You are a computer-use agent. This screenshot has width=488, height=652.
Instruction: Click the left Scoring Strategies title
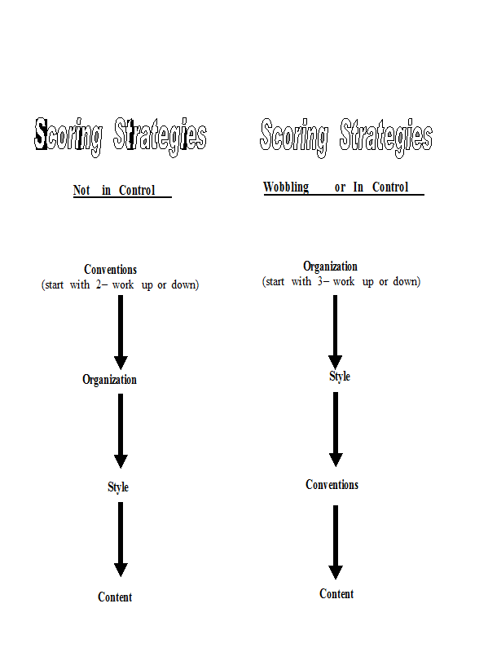pyautogui.click(x=120, y=137)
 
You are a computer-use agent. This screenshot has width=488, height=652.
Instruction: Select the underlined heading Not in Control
pyautogui.click(x=114, y=190)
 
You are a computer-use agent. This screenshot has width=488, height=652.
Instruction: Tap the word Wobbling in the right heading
pyautogui.click(x=286, y=187)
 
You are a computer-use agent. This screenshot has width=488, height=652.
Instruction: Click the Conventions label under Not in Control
pyautogui.click(x=110, y=270)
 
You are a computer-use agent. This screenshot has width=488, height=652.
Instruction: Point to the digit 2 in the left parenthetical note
pyautogui.click(x=99, y=284)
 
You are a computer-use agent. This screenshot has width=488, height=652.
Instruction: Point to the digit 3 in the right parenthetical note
pyautogui.click(x=320, y=281)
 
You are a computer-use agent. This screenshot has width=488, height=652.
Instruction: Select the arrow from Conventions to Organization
pyautogui.click(x=121, y=333)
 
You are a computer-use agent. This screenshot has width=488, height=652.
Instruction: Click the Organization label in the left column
pyautogui.click(x=109, y=380)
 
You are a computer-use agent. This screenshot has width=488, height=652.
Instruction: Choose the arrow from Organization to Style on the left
pyautogui.click(x=121, y=431)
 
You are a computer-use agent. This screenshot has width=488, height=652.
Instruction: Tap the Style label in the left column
pyautogui.click(x=118, y=487)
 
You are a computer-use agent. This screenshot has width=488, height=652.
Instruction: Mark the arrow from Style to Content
pyautogui.click(x=121, y=540)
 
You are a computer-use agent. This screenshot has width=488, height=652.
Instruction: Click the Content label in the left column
pyautogui.click(x=115, y=597)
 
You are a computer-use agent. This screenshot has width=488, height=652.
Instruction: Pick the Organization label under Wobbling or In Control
pyautogui.click(x=330, y=267)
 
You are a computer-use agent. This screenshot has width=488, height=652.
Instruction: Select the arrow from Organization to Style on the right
pyautogui.click(x=335, y=333)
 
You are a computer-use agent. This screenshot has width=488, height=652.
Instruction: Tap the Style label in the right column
pyautogui.click(x=340, y=377)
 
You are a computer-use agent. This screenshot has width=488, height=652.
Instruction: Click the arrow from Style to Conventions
pyautogui.click(x=336, y=430)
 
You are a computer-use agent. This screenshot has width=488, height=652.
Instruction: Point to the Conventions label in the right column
pyautogui.click(x=332, y=485)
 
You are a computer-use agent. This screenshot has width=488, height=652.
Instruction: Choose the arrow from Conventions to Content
pyautogui.click(x=336, y=542)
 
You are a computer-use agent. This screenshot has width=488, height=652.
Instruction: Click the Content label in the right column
pyautogui.click(x=336, y=594)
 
